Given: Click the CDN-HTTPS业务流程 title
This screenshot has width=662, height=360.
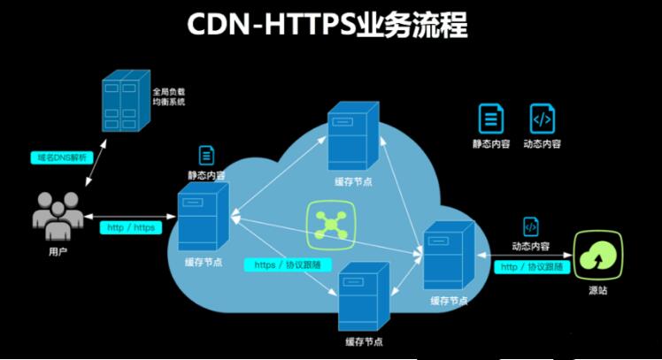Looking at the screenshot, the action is point(327,25).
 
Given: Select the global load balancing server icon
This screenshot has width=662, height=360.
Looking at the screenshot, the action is point(127,101).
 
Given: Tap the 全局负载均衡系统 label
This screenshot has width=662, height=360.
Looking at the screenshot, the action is point(169,96).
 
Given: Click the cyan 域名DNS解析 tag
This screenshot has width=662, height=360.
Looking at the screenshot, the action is point(62,157).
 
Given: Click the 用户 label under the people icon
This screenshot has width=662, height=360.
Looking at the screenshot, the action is point(58,252).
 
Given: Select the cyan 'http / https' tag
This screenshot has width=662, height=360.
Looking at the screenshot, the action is point(131,228).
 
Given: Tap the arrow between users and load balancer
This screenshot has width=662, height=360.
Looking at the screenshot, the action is point(96,163).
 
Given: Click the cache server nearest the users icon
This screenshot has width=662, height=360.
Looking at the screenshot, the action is point(203,217).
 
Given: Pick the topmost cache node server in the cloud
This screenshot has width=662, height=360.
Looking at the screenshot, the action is point(353,136).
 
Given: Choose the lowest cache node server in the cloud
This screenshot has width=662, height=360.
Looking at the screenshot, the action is point(364,296).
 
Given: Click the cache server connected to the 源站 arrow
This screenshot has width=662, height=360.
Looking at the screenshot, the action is point(449,256).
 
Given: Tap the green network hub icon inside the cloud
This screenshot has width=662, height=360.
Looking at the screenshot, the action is point(331,225).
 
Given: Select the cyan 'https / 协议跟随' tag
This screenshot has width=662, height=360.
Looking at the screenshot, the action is point(288,265).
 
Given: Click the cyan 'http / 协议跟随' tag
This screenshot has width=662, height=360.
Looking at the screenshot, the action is point(533,267).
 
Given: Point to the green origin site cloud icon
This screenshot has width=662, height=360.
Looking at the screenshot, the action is point(597,255).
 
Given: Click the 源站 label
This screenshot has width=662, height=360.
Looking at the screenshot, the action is point(597,290).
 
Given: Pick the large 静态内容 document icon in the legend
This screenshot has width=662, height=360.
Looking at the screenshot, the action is point(491,119).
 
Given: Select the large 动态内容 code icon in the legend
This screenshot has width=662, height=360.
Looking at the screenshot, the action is point(543,119).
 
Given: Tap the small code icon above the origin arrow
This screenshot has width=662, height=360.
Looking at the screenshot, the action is point(531,227).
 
